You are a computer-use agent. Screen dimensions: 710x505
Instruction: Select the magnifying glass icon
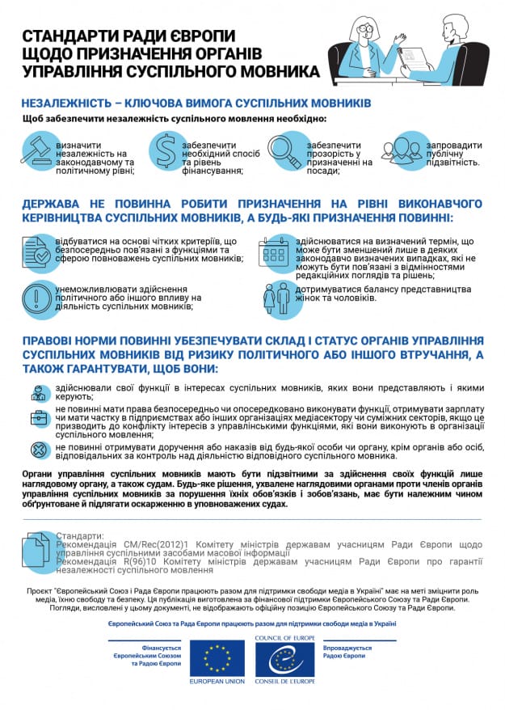[285, 150]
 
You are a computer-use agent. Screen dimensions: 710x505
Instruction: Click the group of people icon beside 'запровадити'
[402, 150]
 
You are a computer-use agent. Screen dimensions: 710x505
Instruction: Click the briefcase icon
[38, 419]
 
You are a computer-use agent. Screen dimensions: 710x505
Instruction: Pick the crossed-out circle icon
[38, 450]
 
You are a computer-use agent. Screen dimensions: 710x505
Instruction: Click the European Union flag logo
[217, 659]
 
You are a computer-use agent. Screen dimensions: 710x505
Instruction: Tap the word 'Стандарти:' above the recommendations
[80, 535]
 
